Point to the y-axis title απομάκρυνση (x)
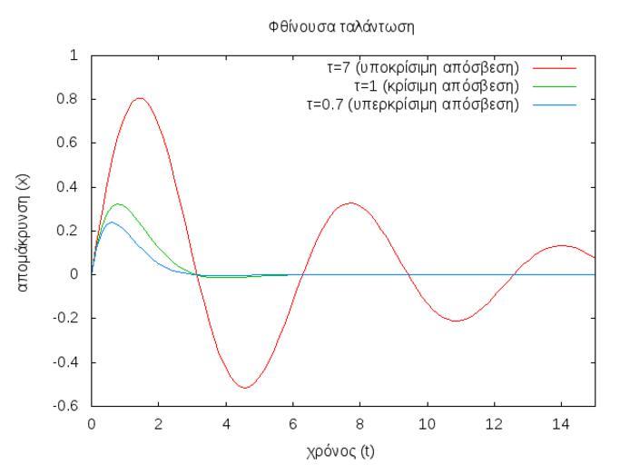pos(26,231)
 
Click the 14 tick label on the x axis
pos(561,425)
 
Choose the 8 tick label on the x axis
pos(359,425)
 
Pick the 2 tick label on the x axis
pos(159,425)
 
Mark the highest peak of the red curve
pos(140,98)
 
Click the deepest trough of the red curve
pos(244,388)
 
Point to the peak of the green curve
pos(116,203)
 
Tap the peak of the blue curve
pos(111,222)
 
